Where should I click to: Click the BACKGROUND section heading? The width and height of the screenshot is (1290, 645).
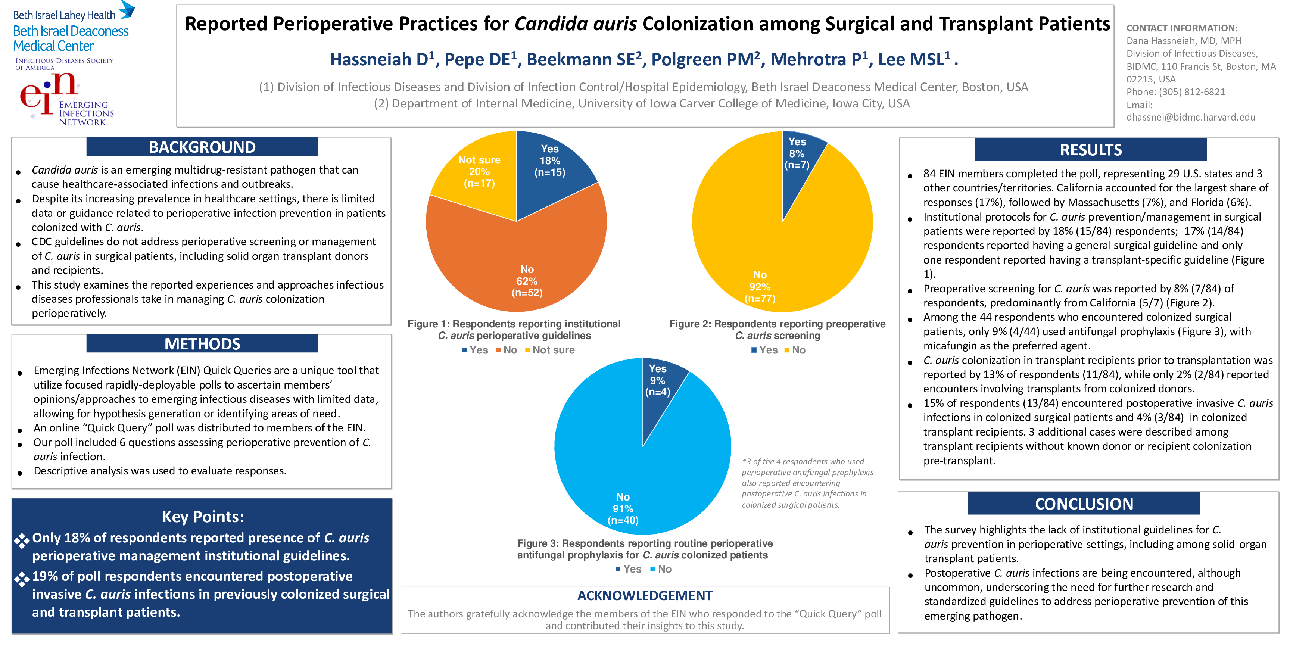click(202, 147)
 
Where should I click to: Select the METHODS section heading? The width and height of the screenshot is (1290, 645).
click(202, 344)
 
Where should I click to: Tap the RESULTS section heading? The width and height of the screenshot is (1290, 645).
click(1091, 150)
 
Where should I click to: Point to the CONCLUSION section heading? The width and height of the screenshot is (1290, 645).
click(1084, 504)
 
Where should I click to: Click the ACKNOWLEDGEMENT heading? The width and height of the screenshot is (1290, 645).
click(645, 595)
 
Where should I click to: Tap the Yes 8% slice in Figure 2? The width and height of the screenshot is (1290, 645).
click(798, 155)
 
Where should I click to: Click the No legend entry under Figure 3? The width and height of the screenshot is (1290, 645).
click(661, 569)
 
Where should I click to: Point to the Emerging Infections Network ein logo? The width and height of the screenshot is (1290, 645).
click(65, 98)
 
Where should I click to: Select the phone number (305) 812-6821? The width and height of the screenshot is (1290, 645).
click(1192, 92)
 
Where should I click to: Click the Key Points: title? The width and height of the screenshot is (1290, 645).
click(202, 516)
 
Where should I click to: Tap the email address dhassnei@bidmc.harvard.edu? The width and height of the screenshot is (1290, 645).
click(1190, 117)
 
